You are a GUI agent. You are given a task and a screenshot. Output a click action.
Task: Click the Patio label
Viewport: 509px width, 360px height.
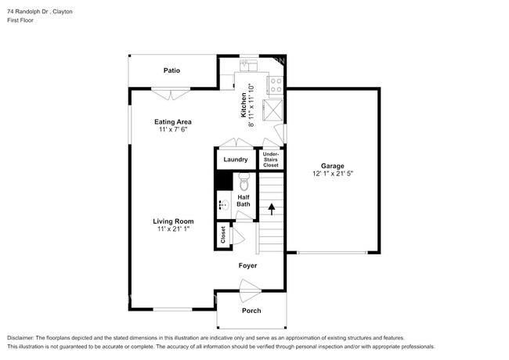point(171,70)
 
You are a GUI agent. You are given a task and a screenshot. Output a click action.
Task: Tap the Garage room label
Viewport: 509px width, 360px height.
point(332,166)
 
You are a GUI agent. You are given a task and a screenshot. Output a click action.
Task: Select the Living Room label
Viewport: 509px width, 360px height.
point(173,221)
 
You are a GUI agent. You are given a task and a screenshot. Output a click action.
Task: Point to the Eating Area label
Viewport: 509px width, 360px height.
point(173,122)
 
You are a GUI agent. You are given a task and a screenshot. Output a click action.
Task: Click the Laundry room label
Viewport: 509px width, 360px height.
point(236,160)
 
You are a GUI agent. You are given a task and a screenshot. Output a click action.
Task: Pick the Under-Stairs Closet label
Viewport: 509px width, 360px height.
point(271,160)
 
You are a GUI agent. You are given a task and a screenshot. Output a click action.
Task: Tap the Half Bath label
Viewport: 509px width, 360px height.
point(244,201)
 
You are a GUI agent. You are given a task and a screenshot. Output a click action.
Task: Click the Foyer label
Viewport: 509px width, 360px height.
point(247,265)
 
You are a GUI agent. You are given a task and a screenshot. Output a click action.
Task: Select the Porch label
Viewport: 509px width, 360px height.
point(251,311)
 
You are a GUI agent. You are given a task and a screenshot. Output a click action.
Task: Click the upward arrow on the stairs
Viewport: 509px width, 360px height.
point(272,209)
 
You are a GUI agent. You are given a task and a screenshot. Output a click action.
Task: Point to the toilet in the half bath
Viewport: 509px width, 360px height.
point(244,182)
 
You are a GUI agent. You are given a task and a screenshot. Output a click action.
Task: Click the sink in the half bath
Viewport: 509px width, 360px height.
point(223,205)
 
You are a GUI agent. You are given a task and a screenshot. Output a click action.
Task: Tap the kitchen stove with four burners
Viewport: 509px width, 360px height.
point(276,85)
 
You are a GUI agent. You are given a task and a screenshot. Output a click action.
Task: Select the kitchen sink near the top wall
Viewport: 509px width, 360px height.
point(248,65)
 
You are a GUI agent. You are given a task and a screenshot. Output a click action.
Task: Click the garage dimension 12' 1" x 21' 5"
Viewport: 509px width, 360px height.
point(333,174)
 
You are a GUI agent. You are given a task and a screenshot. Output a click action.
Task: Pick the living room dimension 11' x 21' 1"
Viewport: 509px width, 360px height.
point(173,229)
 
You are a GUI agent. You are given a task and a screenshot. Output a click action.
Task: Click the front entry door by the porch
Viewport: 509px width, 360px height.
point(251,290)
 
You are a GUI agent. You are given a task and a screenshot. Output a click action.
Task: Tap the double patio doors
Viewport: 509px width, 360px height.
point(171,94)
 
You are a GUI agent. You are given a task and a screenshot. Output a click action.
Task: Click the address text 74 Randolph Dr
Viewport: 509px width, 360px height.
point(28,12)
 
